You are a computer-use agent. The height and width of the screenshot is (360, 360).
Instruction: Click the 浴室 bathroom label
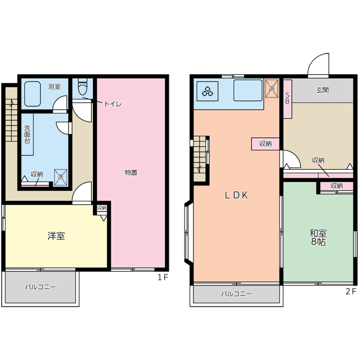coord(55,87)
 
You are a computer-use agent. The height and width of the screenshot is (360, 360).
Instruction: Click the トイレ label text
coord(112,104)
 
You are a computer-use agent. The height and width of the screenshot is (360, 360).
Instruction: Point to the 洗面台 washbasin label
coord(27,134)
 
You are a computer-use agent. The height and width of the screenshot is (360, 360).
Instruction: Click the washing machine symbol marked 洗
coord(60,177)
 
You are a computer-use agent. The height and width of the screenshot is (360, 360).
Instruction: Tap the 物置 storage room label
coord(131,173)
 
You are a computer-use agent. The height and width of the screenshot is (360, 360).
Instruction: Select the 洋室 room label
coord(56,236)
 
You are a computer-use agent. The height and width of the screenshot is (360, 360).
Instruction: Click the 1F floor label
coord(163,277)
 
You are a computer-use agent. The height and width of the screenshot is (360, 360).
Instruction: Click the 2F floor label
coord(351,291)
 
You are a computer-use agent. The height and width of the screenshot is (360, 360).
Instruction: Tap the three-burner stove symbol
coord(208,91)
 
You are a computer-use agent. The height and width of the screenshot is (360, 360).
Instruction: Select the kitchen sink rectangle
coord(248,90)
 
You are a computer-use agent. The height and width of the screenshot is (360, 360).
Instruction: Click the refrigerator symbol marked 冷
coord(272,88)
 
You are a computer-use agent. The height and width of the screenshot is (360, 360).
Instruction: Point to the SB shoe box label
coord(287,98)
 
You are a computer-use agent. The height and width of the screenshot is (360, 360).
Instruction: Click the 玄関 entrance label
coord(322,90)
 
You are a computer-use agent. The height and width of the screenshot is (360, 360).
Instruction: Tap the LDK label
coord(236,195)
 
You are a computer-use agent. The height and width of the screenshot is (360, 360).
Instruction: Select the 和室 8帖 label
coord(318,237)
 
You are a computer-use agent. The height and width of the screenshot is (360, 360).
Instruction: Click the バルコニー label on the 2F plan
coord(236,294)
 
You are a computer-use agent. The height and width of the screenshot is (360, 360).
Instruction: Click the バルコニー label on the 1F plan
coord(40,287)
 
